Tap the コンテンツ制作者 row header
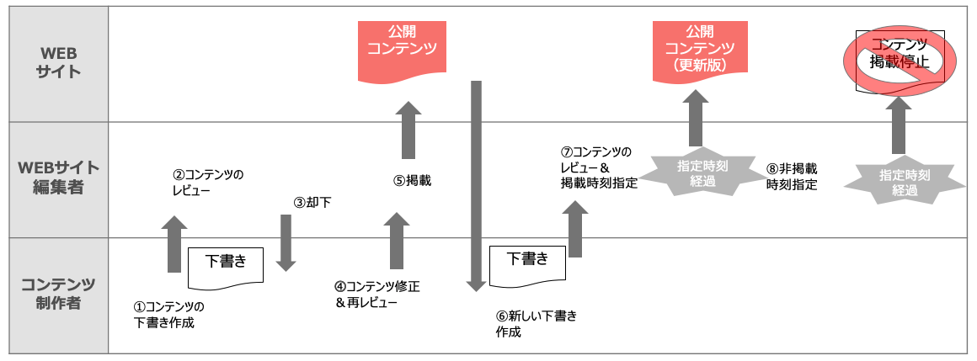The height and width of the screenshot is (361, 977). point(58,293)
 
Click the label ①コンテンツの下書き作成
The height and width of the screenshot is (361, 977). point(169,315)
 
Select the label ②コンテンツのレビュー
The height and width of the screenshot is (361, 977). point(208,183)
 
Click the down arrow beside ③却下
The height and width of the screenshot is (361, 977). point(286,242)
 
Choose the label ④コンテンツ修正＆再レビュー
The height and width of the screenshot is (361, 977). point(377,295)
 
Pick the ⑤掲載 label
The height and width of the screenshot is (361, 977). point(412,179)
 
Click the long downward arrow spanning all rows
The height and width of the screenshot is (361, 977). point(476,185)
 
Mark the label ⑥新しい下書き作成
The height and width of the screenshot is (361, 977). point(537,324)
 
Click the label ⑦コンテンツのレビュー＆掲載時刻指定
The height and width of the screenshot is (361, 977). point(599,167)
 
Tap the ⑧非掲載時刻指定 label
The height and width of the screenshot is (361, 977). point(792,177)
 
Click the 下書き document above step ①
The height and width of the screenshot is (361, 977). point(227,263)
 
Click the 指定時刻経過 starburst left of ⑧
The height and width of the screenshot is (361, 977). point(696,173)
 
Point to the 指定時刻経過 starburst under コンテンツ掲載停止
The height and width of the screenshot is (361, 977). point(899,183)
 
